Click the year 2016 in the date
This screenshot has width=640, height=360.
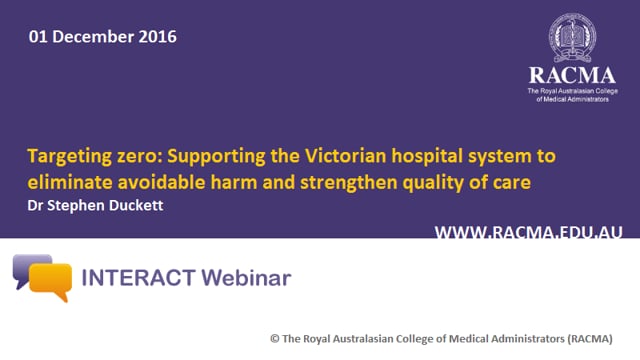pos(157,37)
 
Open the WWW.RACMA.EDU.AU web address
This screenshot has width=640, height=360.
pos(528,232)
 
